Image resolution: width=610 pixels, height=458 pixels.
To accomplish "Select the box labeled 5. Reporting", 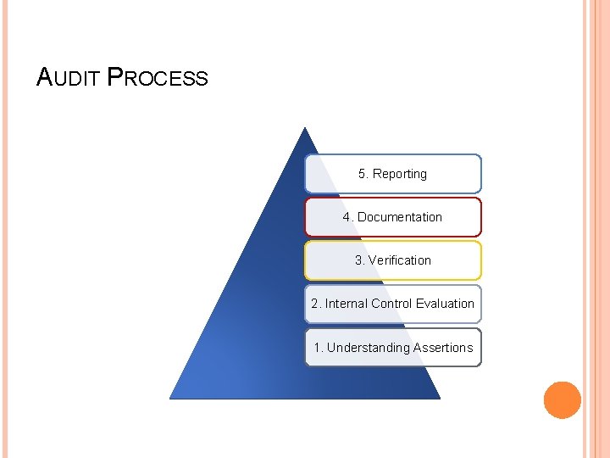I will click(x=393, y=174).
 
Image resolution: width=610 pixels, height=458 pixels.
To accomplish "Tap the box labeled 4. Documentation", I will click(x=393, y=217).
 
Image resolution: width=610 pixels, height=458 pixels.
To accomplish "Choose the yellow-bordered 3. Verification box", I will click(x=393, y=260).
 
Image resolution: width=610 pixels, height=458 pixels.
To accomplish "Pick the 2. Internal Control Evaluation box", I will click(x=393, y=304).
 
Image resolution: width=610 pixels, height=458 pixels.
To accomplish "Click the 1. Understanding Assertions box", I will click(x=393, y=348).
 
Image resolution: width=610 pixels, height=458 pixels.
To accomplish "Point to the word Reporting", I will click(x=400, y=174).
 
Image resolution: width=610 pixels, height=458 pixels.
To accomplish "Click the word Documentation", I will click(x=400, y=217).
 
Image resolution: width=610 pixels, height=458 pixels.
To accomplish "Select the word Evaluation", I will click(x=445, y=304).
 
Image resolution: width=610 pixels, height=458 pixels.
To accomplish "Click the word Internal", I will click(x=347, y=304).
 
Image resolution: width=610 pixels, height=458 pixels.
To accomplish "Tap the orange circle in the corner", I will click(x=563, y=400).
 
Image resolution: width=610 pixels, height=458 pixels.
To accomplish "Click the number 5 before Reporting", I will click(x=362, y=174).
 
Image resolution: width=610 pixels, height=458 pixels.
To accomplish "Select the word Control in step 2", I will click(x=391, y=304).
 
